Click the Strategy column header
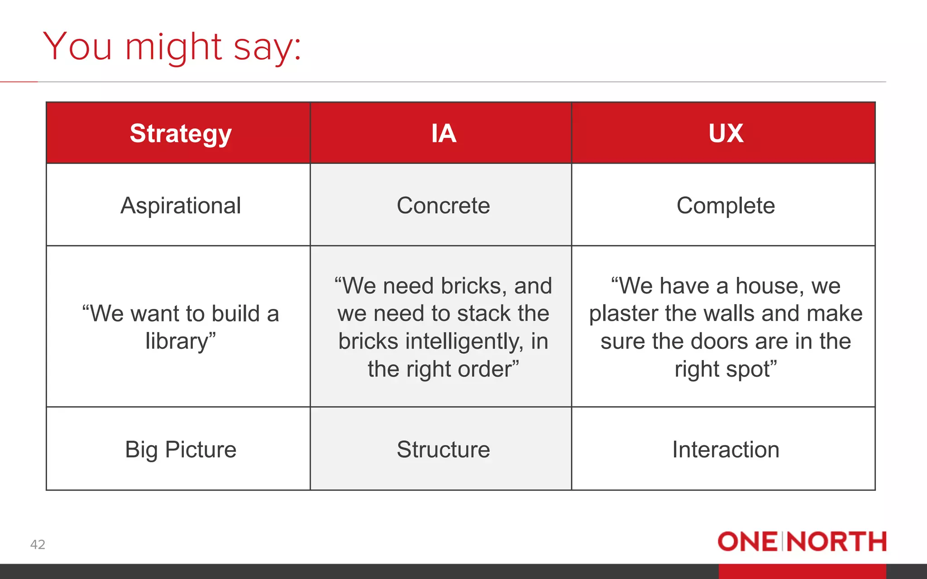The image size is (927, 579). [x=181, y=133]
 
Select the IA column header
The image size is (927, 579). [x=443, y=133]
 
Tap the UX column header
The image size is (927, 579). [x=726, y=133]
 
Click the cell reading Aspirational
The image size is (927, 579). [x=181, y=205]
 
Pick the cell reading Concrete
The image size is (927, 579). [x=443, y=205]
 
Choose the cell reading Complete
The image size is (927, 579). [x=726, y=205]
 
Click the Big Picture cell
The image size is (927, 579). [x=181, y=449]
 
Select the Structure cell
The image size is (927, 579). [x=443, y=449]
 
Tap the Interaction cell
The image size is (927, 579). [x=726, y=449]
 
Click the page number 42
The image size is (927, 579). [x=38, y=544]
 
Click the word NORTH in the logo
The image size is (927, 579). [x=836, y=541]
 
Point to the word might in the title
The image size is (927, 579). [x=173, y=47]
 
